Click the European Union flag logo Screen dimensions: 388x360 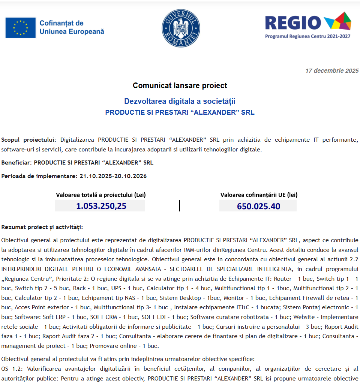click(21, 28)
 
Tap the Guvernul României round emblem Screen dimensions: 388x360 click(181, 28)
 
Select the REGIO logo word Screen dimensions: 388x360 click(293, 23)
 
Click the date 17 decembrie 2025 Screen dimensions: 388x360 click(332, 70)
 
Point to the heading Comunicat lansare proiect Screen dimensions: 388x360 click(180, 85)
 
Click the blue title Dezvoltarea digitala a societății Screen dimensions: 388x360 click(180, 101)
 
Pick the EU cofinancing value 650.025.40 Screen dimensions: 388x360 click(258, 206)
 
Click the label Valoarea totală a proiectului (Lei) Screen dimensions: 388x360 click(101, 195)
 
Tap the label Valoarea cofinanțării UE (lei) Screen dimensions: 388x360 click(259, 195)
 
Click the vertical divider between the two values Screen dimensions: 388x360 click(180, 205)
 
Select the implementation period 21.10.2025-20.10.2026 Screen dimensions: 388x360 click(113, 176)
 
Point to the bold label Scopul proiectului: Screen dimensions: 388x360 click(28, 140)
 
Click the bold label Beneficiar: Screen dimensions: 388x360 click(16, 163)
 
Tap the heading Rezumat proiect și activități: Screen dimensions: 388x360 click(42, 227)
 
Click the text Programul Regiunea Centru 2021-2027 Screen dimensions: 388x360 click(307, 36)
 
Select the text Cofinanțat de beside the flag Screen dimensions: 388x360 click(61, 23)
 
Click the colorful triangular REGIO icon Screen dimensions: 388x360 click(338, 21)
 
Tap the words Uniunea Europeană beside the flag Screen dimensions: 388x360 click(72, 32)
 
